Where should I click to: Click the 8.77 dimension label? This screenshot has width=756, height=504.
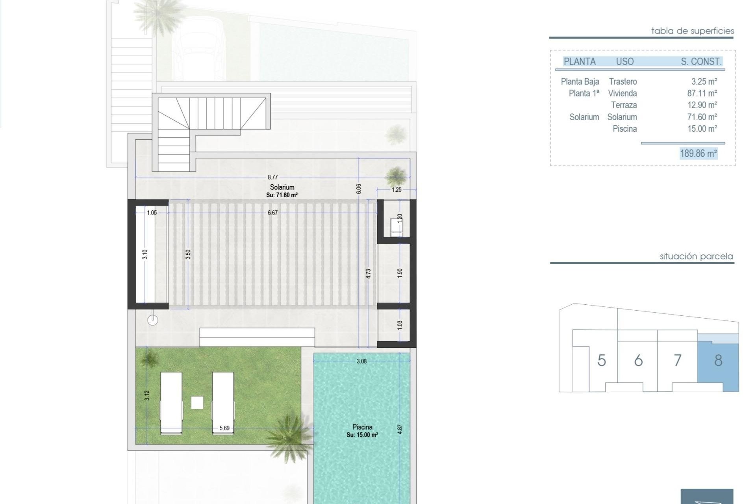pos(272,177)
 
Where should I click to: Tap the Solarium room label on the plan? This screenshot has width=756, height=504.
pos(282,187)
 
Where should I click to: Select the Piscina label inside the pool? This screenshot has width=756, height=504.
pos(362,427)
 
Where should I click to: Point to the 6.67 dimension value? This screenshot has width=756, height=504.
pos(272,213)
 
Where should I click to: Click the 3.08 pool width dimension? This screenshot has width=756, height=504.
pos(361,361)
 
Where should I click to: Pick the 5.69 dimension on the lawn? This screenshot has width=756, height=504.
pos(224,428)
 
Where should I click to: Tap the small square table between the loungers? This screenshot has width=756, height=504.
pos(197,402)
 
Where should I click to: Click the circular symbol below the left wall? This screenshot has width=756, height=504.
pos(153,321)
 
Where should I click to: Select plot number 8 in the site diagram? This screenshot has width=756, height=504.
pos(718,360)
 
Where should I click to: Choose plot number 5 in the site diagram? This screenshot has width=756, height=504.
pos(601,360)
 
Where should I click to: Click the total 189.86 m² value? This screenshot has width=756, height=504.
pos(699,153)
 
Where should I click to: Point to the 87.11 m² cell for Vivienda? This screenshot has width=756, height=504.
pos(702,93)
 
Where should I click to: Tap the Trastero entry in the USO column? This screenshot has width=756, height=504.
pos(623,82)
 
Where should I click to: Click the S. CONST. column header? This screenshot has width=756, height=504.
pos(701,61)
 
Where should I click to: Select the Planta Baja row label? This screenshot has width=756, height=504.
pos(580,82)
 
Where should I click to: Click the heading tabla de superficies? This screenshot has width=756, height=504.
pos(693,31)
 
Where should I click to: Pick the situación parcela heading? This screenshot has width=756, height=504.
pos(697,256)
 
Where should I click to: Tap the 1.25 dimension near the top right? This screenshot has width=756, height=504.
pos(397,190)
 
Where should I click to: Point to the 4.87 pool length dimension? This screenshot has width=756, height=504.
pos(400,429)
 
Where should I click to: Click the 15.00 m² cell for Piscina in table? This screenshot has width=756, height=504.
pos(702,129)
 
